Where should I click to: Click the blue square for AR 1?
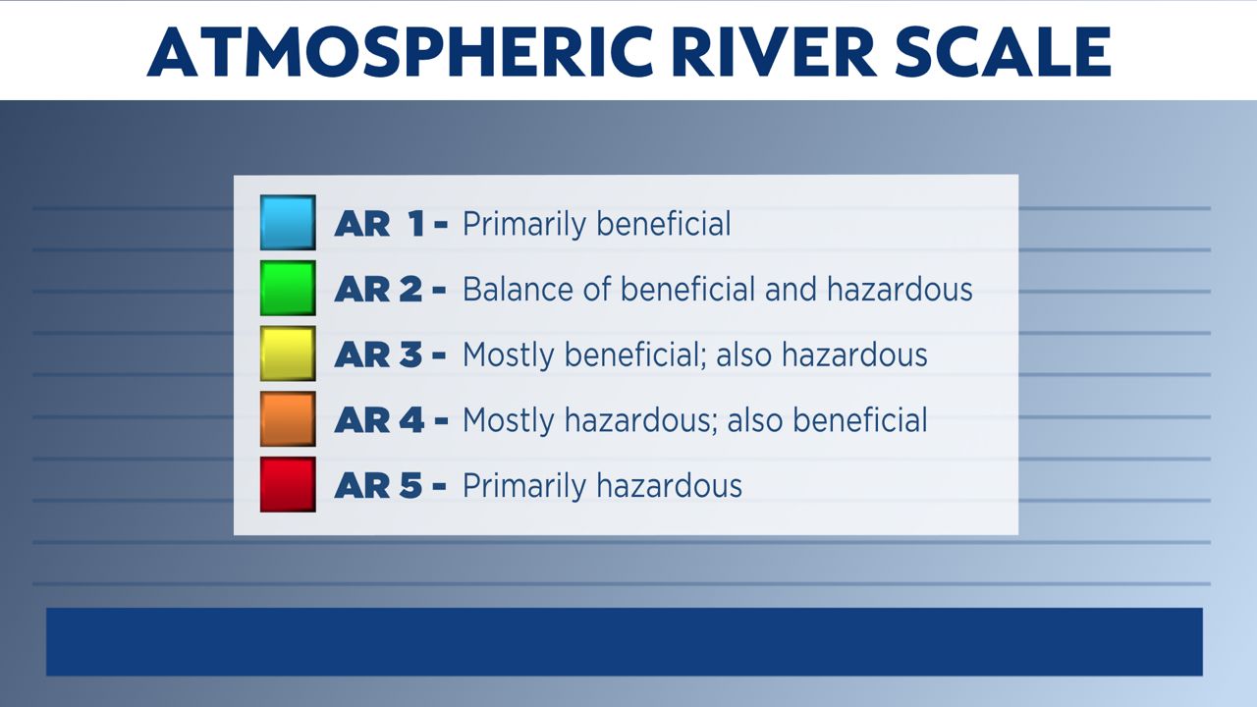(288, 222)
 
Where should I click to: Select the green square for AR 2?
(288, 288)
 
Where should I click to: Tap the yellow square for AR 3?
(288, 353)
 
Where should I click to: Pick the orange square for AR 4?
(288, 419)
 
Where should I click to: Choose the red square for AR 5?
(288, 484)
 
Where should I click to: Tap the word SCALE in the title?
(1003, 52)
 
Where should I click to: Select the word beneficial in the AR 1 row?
(664, 224)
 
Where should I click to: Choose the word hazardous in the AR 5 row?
(670, 486)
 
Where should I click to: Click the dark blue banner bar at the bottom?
(624, 642)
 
